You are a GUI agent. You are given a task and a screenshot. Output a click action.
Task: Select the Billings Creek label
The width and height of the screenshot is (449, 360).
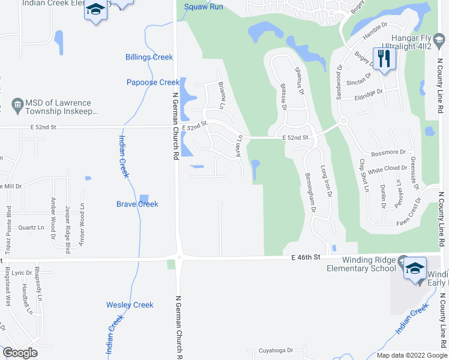[149, 58]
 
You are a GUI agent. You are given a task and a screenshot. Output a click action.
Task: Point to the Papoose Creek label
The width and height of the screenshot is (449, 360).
[152, 82]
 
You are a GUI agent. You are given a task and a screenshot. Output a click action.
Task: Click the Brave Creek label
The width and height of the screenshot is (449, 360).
[137, 204]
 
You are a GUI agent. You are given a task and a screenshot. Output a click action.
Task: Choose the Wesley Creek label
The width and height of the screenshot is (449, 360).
[130, 305]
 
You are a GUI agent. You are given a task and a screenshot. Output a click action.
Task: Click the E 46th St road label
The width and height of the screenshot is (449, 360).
[307, 256]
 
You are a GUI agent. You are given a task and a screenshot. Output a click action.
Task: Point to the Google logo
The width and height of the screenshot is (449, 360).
[20, 353]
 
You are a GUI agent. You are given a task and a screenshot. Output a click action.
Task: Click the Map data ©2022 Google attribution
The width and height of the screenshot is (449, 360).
[411, 355]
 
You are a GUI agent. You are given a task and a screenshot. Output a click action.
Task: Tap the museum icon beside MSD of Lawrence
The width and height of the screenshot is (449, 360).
[17, 104]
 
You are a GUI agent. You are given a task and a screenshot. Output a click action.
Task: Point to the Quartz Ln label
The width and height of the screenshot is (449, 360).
[31, 228]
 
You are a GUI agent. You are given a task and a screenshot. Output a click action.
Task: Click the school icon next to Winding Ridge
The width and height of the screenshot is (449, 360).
[415, 269]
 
